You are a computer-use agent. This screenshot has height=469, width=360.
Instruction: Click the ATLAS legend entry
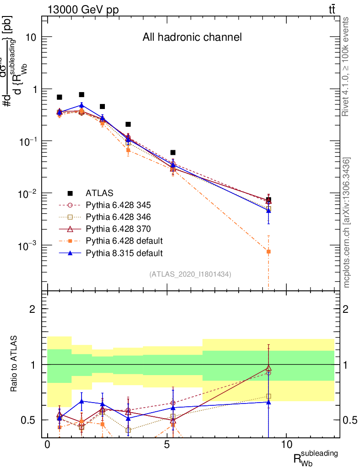click(x=99, y=193)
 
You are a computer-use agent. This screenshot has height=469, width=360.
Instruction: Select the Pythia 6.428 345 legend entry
click(x=118, y=205)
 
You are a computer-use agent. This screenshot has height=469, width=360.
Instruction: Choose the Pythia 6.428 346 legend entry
click(x=118, y=217)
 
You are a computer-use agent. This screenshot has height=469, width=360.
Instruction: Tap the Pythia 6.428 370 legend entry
click(x=118, y=229)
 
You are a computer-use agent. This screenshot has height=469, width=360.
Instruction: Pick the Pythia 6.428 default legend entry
click(x=124, y=240)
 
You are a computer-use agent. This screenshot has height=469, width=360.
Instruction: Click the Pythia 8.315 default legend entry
click(x=124, y=252)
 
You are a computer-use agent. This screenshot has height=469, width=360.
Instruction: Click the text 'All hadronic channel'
click(x=191, y=38)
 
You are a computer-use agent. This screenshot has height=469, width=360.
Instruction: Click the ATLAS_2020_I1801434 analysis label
click(x=190, y=274)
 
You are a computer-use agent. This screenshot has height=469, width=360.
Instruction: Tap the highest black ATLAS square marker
click(x=82, y=95)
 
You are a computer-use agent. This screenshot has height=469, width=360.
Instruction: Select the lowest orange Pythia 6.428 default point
click(x=268, y=251)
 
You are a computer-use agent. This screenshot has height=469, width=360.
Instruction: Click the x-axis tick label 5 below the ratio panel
click(x=167, y=445)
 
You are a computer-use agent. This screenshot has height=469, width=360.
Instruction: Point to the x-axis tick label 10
click(x=286, y=445)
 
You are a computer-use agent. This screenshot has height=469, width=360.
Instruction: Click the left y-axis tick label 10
click(x=30, y=37)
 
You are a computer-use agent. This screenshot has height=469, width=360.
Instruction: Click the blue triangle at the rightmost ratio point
click(x=268, y=402)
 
